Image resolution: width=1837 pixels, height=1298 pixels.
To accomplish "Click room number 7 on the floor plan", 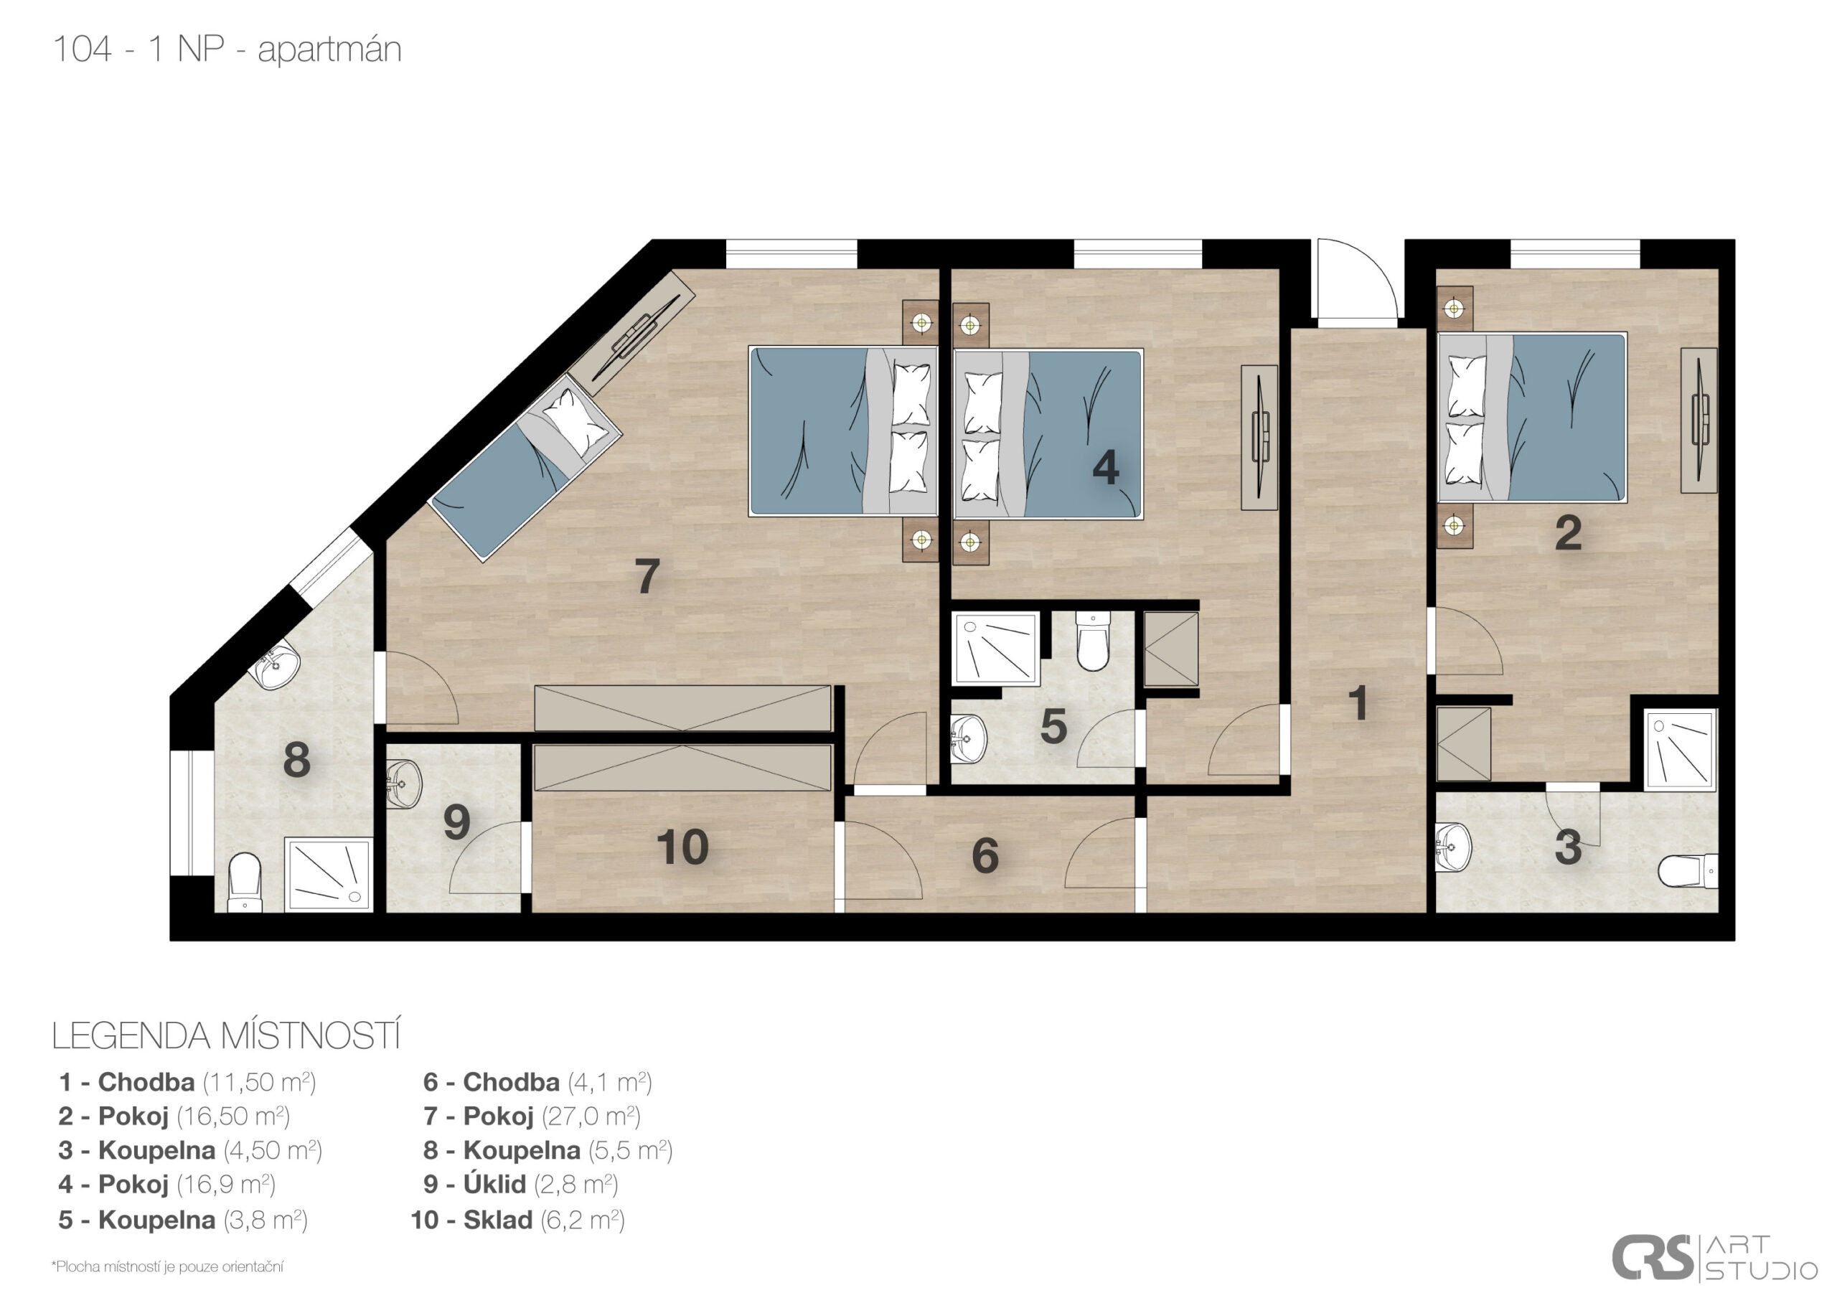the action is (x=647, y=575).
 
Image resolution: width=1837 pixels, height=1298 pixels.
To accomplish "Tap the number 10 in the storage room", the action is (x=682, y=847).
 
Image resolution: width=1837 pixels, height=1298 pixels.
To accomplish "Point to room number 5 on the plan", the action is (x=1053, y=727).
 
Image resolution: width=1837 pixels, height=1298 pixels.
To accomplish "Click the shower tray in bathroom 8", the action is (x=329, y=874).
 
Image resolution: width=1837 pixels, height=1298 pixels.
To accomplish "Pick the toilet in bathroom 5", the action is (x=1092, y=640).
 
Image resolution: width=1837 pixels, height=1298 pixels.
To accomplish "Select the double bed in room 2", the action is (x=1532, y=417).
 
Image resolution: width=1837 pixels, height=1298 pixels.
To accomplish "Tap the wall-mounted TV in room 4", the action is (x=1259, y=437).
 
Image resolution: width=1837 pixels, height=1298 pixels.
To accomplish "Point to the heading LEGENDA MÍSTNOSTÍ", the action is (x=225, y=1036).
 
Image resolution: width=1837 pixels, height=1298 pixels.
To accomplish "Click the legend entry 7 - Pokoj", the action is (x=531, y=1116).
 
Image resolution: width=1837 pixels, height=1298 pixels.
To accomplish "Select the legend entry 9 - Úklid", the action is (x=520, y=1184).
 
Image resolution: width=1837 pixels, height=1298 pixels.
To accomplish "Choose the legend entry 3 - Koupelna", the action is (x=189, y=1150).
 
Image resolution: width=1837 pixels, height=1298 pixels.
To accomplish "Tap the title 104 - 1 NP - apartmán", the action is (x=227, y=49).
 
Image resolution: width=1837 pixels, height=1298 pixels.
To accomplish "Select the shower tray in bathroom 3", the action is (x=1680, y=750).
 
